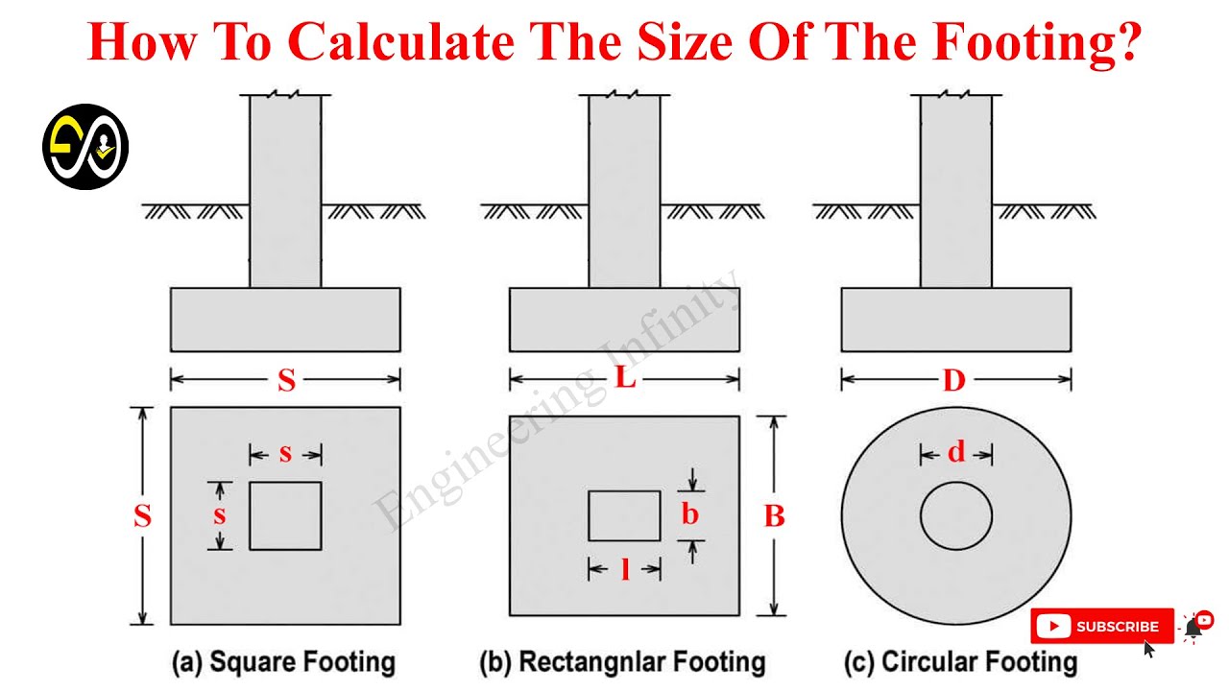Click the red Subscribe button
coord(1102,627)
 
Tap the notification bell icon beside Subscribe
coord(1194,627)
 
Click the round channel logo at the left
coord(85,147)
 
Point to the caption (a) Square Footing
coord(283,661)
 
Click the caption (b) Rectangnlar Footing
coord(622,661)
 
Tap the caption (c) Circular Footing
coord(959,661)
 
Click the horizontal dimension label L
coord(624,379)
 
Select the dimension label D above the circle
coord(953,381)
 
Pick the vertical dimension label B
coord(774,516)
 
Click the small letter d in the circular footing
coord(955,452)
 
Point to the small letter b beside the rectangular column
coord(690,514)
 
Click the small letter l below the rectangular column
coord(624,570)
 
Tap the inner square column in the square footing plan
coord(285,516)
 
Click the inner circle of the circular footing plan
coord(956,515)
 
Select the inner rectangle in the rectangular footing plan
coord(624,516)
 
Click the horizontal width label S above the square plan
coord(286,381)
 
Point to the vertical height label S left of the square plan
coord(142,516)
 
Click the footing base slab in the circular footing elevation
coord(955,320)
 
